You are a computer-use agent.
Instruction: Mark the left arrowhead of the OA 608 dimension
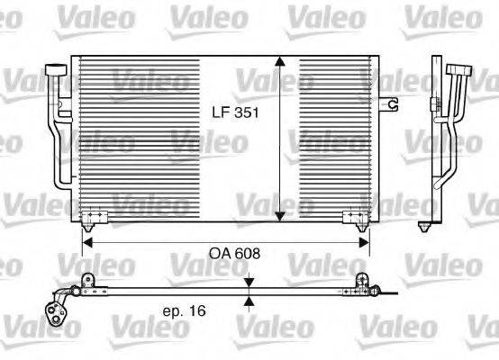[86, 240]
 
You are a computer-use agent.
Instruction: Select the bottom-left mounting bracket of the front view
[93, 216]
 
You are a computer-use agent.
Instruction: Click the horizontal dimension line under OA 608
[225, 240]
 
